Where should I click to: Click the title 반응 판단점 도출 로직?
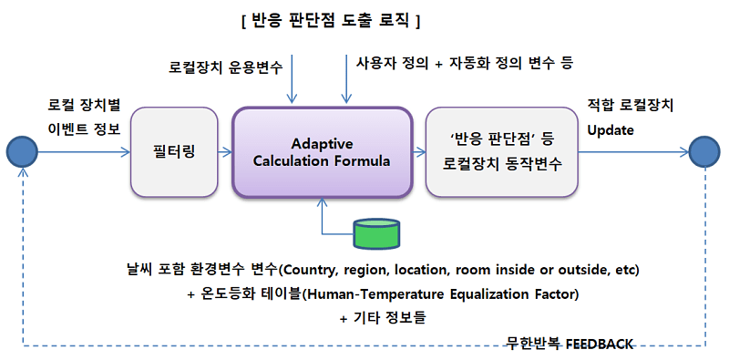[329, 18]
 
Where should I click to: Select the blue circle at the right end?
[705, 151]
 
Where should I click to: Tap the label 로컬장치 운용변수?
[225, 67]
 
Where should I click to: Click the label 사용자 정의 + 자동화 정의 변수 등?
[464, 64]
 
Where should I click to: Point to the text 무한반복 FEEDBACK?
[570, 344]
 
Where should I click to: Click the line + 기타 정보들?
[382, 318]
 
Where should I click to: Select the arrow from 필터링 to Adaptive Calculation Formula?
[225, 151]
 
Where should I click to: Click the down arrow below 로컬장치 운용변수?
[291, 87]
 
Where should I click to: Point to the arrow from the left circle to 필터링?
[81, 151]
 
